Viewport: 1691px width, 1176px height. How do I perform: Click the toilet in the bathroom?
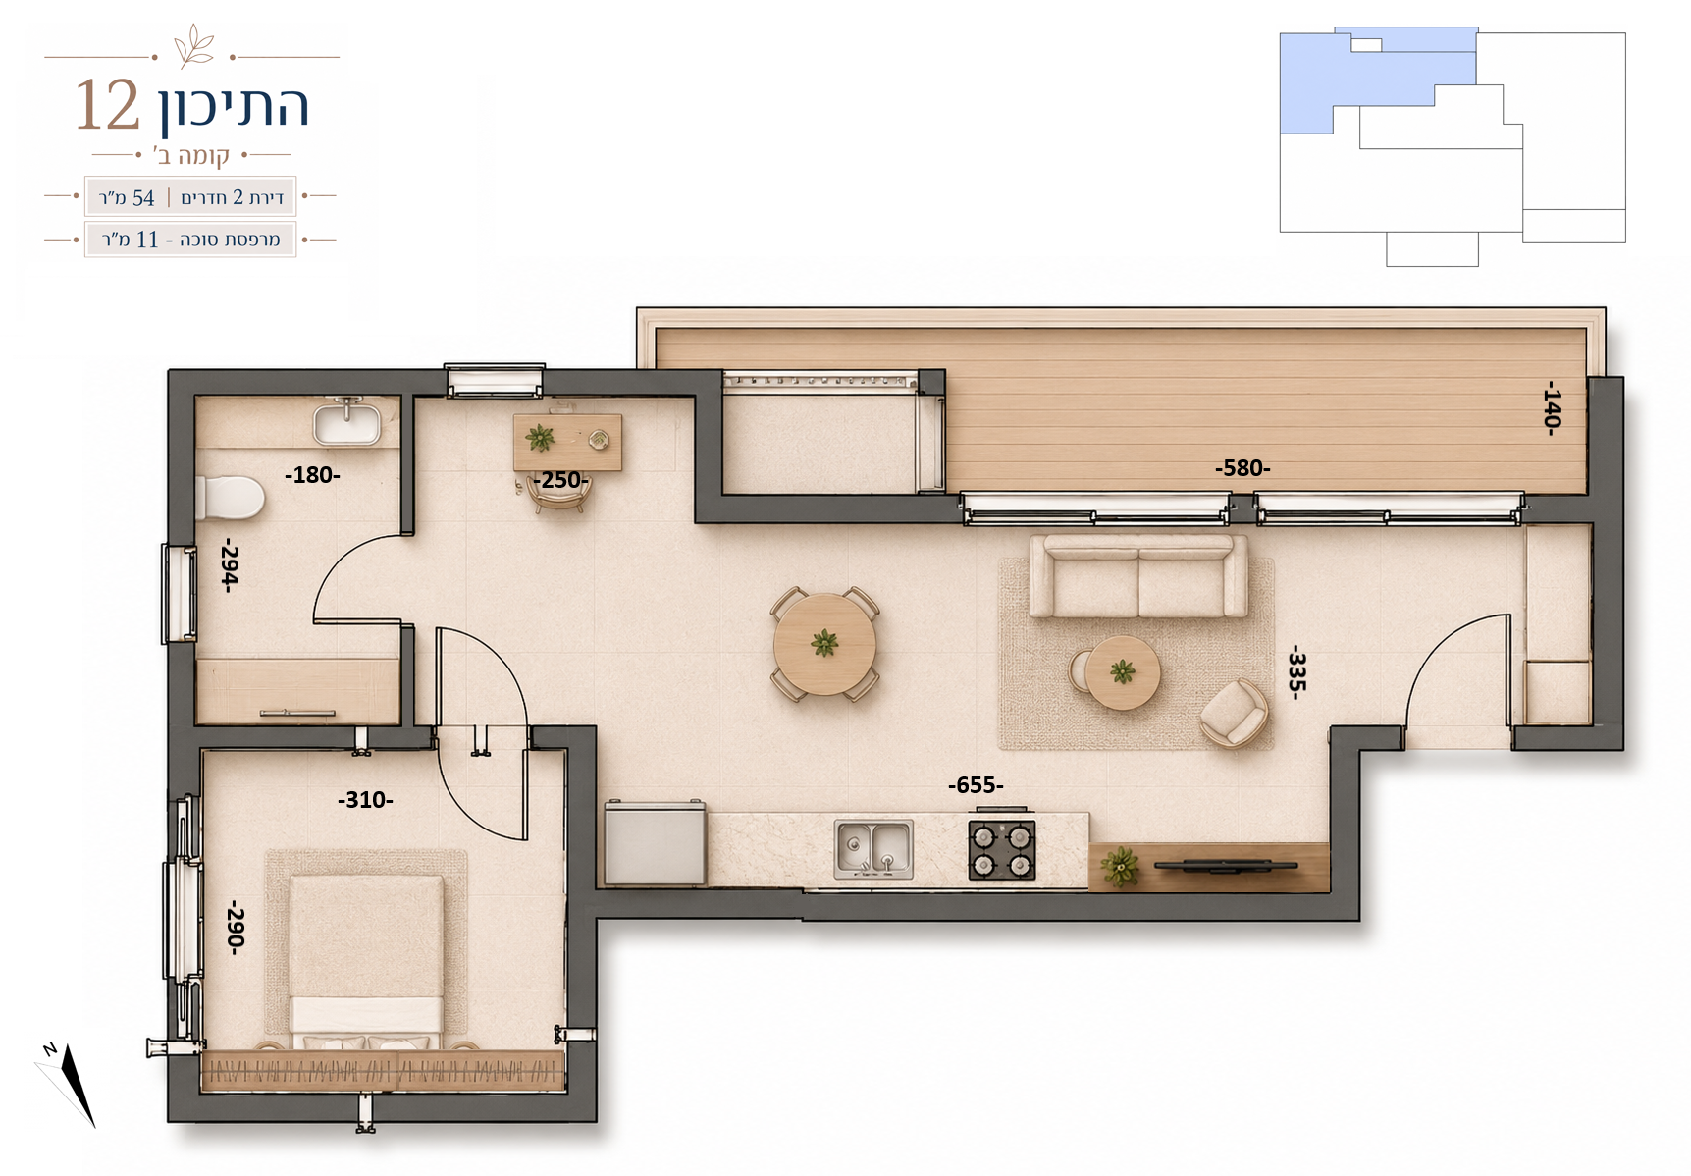[230, 498]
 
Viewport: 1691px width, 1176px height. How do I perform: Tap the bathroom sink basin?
[346, 424]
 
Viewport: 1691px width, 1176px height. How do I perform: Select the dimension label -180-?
[312, 475]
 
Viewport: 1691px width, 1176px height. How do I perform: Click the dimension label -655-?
[976, 785]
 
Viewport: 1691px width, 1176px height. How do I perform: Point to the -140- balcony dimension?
[1551, 407]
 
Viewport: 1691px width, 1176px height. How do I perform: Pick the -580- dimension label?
[1242, 468]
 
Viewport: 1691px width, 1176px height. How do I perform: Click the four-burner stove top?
[1002, 849]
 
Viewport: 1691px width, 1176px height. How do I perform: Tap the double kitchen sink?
[873, 849]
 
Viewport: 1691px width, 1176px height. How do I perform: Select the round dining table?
[824, 644]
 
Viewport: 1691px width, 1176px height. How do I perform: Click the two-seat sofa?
[1138, 576]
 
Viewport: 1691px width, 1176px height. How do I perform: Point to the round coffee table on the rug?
[1123, 672]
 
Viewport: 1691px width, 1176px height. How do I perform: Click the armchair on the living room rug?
[1235, 713]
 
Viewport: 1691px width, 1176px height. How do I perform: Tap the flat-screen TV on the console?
[1226, 866]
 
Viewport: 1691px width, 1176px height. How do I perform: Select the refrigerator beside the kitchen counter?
[655, 843]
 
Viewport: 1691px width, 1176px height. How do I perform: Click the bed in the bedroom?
[366, 962]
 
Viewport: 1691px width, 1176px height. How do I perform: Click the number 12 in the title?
[108, 105]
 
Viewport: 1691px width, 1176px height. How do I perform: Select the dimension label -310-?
[365, 800]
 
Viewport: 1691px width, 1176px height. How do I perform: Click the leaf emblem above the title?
[193, 45]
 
